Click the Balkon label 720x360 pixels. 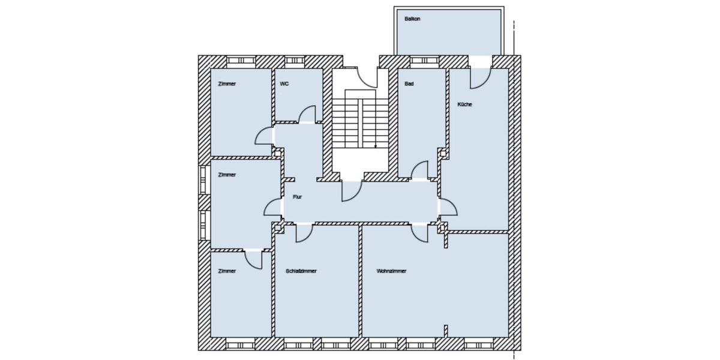click(413, 19)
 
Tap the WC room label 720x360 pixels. click(284, 84)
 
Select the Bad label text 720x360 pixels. click(409, 84)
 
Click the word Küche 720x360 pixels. click(464, 104)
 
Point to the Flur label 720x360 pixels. click(297, 197)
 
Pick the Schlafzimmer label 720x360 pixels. click(301, 271)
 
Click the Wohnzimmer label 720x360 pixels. click(392, 271)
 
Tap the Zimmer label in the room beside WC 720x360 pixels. click(227, 84)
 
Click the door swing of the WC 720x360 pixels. click(307, 115)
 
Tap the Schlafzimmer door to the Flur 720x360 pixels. click(304, 233)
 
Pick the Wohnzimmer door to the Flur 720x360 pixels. click(419, 233)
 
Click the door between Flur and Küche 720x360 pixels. click(448, 207)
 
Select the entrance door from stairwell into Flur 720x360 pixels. click(351, 191)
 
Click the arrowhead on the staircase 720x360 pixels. click(376, 146)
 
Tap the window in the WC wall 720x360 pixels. click(295, 61)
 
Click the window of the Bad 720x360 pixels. click(424, 61)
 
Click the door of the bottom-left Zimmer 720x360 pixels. click(254, 259)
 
